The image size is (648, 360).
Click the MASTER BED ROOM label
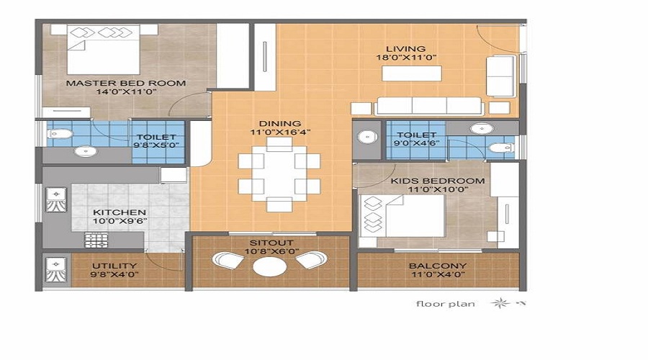coord(126,83)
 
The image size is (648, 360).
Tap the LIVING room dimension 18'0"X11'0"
coord(406,58)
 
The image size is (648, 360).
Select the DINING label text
coord(280,124)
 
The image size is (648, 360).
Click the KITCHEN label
coord(120,212)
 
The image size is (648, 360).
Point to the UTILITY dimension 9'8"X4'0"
coord(114,274)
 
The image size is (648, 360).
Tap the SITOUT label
coord(271,243)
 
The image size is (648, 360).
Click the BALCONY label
coord(438,266)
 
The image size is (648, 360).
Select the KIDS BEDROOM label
coord(438,181)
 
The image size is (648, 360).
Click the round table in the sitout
coord(269,266)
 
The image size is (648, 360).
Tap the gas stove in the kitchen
coord(96,240)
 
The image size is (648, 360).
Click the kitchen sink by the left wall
coord(55,199)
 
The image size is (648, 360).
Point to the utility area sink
coord(55,271)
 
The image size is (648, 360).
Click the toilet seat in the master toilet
coord(60,134)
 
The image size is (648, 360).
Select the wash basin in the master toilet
coord(86,151)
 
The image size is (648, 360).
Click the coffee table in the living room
coord(412,73)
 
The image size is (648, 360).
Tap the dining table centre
coord(279,174)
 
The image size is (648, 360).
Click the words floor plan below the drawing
coord(446,304)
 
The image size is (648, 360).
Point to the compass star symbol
coord(500,303)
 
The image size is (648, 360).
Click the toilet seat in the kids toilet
coord(500,148)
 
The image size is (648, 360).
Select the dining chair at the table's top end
coord(279,144)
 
